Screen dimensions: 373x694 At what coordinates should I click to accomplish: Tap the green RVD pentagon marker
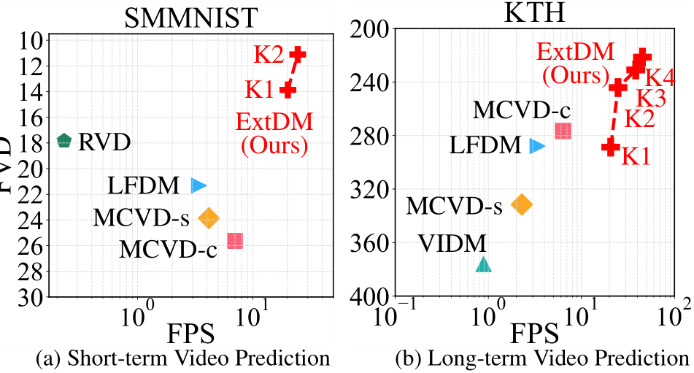(64, 141)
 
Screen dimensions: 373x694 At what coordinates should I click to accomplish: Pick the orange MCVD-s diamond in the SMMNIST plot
(209, 217)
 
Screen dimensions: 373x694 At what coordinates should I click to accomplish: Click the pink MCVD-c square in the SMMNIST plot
(235, 240)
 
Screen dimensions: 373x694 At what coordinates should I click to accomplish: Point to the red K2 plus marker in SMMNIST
(297, 54)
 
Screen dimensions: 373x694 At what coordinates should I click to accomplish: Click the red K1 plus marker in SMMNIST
(288, 90)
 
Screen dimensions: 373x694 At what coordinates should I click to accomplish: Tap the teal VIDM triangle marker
(483, 265)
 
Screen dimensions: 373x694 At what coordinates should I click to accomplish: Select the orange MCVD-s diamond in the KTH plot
(521, 204)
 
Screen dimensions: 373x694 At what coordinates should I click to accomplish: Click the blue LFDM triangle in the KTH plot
(537, 146)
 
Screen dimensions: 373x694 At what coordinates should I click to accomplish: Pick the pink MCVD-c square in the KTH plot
(563, 131)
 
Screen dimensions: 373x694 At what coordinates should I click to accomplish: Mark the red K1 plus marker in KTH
(610, 147)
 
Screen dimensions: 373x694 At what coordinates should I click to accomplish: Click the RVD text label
(104, 142)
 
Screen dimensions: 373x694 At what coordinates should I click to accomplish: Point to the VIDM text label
(452, 244)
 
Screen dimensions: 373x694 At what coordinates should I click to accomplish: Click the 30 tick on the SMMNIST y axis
(33, 297)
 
